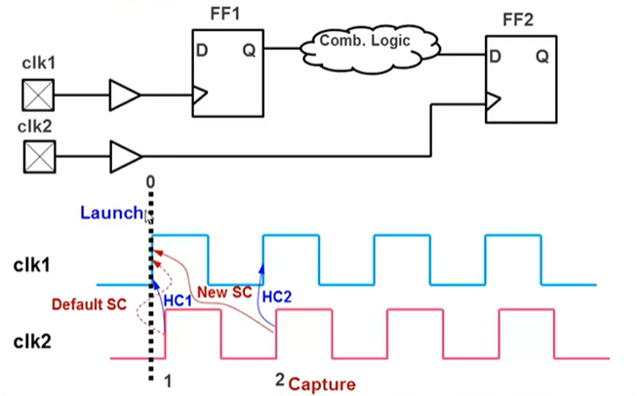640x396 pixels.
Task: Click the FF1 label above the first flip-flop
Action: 227,16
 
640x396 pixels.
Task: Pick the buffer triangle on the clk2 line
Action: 124,154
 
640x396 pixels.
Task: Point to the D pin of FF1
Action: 203,51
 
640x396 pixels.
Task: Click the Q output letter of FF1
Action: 250,51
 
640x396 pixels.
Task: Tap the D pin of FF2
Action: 496,57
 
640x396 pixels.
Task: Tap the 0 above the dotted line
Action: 149,182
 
